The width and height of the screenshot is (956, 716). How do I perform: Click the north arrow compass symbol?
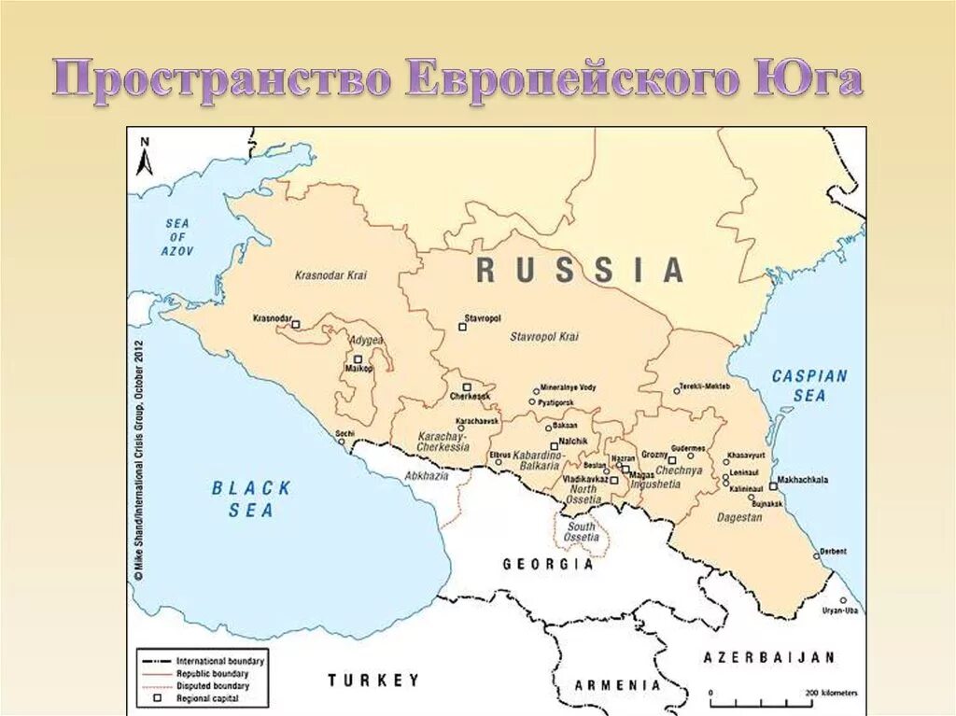coord(144,157)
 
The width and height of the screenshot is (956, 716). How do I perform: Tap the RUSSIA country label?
coord(580,270)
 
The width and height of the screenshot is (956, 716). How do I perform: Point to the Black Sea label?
coord(251,498)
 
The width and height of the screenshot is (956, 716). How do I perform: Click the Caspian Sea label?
coord(809,386)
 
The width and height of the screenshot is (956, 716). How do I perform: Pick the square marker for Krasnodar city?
coord(296,325)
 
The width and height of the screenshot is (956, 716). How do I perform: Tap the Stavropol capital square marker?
coord(462,327)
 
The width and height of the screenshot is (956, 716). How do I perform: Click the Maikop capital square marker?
coord(357,358)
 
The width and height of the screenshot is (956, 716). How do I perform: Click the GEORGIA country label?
coord(548,564)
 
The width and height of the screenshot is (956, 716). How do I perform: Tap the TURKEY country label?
coord(373,680)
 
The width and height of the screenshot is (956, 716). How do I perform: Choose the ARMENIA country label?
coord(617,684)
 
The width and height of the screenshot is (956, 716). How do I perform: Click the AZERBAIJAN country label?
coord(769,657)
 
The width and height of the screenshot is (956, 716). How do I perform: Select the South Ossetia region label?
coord(582,532)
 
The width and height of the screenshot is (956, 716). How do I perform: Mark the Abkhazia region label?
coord(427,475)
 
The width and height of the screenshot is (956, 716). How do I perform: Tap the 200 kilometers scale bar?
coord(760,698)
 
